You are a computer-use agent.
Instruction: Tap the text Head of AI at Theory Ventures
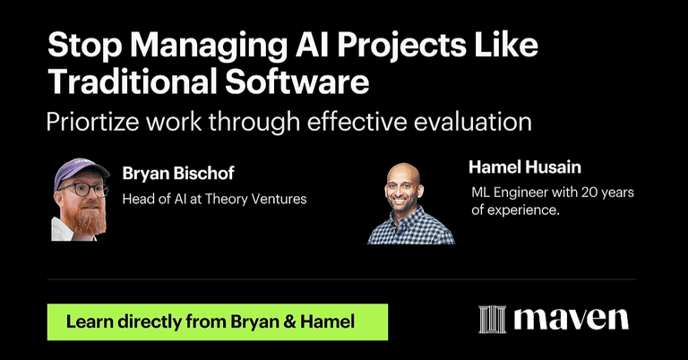(214, 199)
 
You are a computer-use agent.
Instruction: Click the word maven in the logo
(571, 319)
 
